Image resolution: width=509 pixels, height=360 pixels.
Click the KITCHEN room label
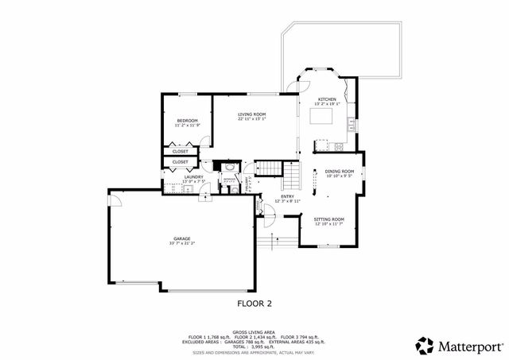(327, 99)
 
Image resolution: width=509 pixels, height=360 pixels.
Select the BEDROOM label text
(187, 120)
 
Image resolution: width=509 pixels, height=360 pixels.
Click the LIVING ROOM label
(252, 114)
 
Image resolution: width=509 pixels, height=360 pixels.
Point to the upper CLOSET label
(181, 150)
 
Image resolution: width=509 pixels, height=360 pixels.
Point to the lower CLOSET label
(181, 161)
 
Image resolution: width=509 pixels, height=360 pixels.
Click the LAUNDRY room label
(193, 177)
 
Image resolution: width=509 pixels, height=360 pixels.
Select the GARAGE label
(182, 238)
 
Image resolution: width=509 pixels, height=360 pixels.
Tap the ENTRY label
(287, 197)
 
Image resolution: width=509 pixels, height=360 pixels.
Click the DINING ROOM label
(339, 171)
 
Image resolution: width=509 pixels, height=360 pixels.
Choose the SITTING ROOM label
(328, 219)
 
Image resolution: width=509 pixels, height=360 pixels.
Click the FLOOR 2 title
(254, 303)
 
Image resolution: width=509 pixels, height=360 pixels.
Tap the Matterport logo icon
(424, 345)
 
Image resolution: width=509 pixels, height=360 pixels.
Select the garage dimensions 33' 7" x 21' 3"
(182, 243)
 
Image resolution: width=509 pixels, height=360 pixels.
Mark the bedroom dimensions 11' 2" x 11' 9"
(187, 125)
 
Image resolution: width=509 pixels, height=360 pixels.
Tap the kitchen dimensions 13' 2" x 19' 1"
(327, 103)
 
